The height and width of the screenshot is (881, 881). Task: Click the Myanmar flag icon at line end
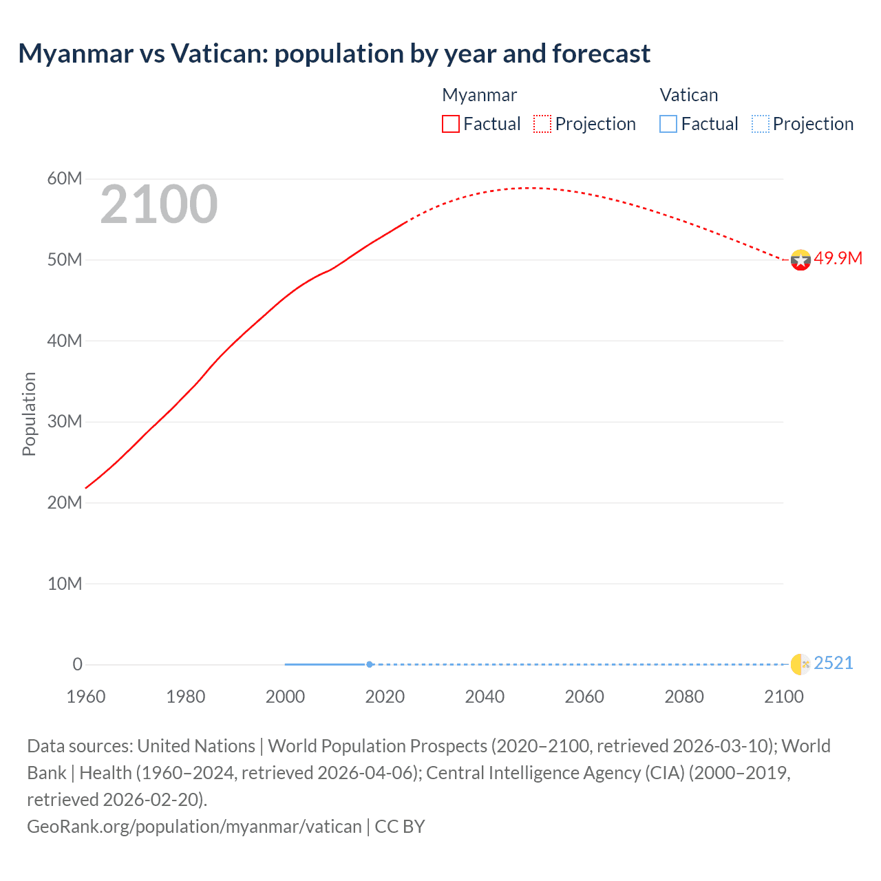[800, 259]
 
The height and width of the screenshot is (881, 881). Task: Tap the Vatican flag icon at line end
[800, 664]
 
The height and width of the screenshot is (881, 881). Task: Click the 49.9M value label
[838, 259]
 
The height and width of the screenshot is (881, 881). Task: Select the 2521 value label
[833, 664]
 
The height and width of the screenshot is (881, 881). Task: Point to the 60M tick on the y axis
[65, 179]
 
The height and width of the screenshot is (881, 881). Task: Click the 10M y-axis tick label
[65, 584]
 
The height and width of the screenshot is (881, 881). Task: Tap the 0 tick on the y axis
[78, 664]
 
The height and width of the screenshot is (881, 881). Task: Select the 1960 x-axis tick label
[86, 697]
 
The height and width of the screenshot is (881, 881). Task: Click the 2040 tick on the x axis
[485, 697]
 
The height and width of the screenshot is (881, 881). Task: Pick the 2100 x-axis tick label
[784, 697]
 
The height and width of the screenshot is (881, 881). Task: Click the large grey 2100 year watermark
[159, 204]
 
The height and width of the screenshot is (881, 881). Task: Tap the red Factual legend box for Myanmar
[451, 124]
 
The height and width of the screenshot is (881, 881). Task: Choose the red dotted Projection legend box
[542, 124]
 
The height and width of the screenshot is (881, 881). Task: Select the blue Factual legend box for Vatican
[668, 124]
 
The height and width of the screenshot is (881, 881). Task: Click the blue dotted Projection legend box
[761, 124]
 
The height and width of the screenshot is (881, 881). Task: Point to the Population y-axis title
[29, 414]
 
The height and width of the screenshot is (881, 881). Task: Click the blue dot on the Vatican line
[370, 664]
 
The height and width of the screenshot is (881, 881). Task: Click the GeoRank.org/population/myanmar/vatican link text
[194, 826]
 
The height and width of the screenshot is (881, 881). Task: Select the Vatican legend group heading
[688, 95]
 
